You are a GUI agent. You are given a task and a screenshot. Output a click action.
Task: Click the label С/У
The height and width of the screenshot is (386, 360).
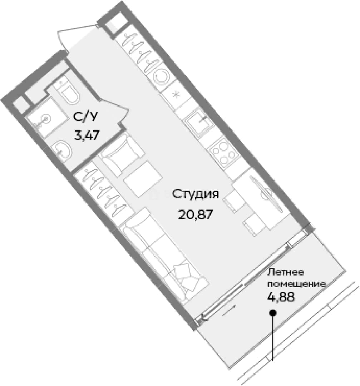85,117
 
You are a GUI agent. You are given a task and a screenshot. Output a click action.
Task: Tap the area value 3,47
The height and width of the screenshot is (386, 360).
87,135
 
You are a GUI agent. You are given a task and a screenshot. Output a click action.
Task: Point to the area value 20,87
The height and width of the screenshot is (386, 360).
195,215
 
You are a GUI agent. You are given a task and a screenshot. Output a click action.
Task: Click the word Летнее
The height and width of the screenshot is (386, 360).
286,272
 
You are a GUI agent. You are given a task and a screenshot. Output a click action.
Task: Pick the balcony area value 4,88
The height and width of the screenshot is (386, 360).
281,297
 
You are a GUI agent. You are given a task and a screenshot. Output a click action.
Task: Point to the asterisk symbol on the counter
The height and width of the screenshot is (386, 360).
176,95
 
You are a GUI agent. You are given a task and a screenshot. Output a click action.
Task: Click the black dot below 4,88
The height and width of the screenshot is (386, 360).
272,313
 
